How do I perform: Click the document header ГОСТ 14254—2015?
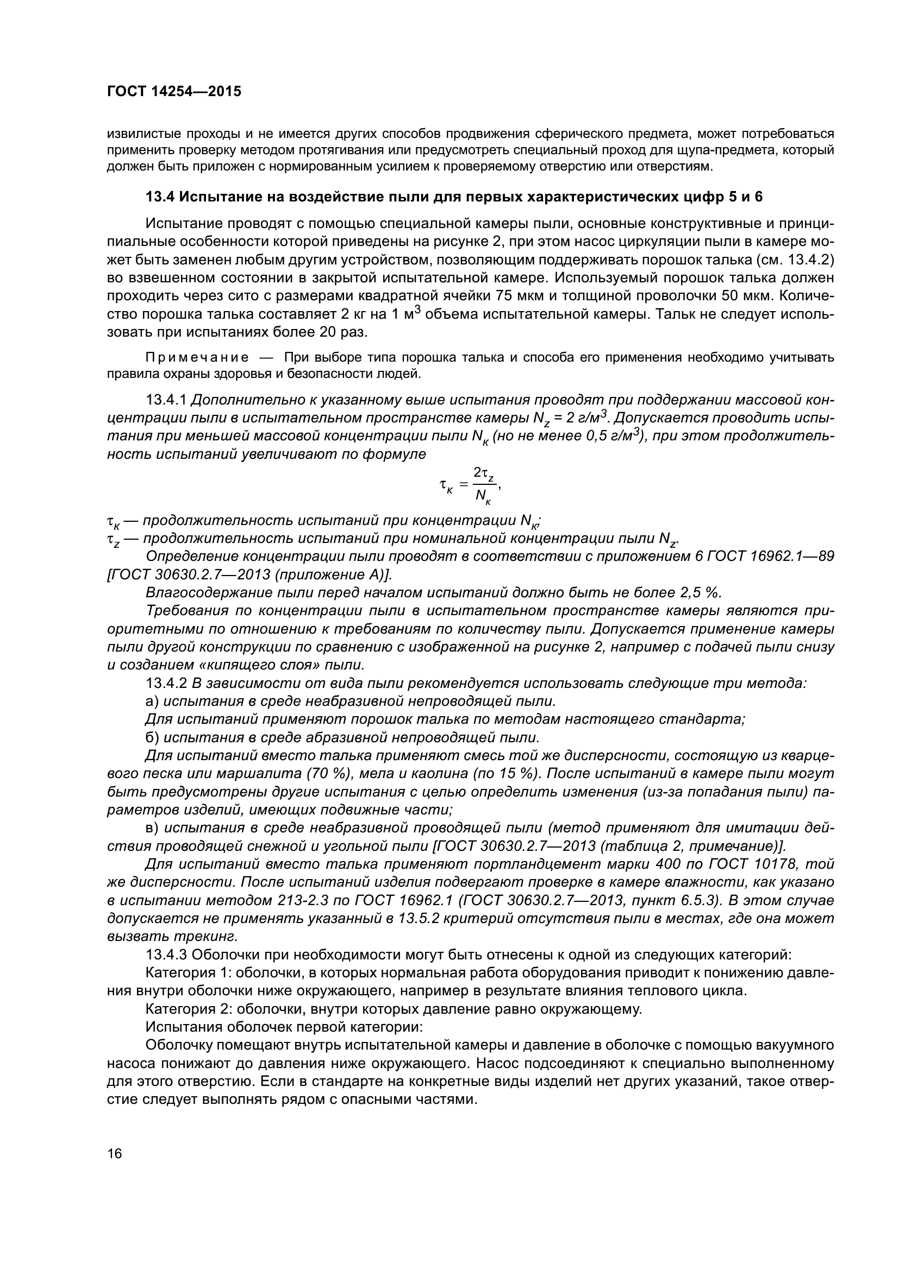tap(174, 92)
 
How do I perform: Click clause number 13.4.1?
tap(166, 400)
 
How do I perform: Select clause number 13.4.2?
tap(166, 684)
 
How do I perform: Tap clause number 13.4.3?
tap(166, 955)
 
